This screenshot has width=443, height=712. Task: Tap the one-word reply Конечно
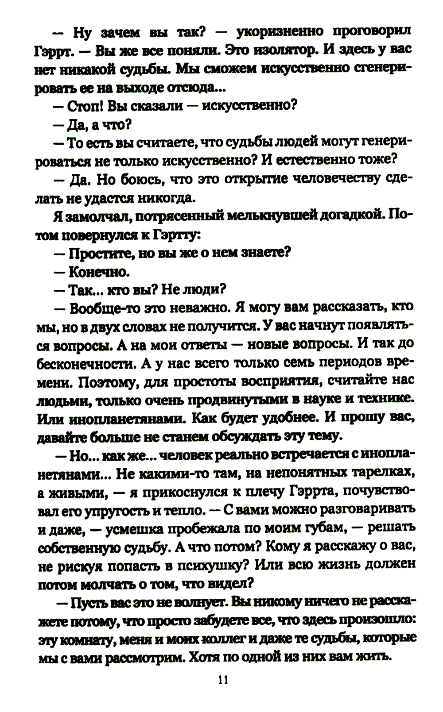[99, 271]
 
